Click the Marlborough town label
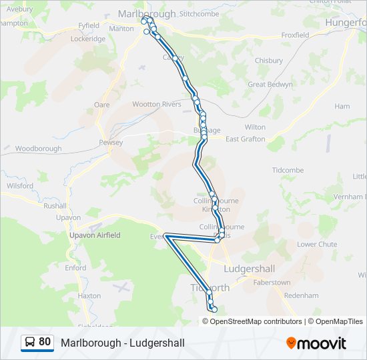click(146, 13)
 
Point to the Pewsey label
click(111, 143)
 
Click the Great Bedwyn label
click(270, 85)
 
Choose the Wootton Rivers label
click(157, 104)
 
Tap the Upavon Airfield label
click(95, 235)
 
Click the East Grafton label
click(245, 139)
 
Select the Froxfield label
click(295, 35)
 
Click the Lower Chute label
click(317, 244)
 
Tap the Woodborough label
click(38, 149)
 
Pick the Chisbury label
click(268, 61)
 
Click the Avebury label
click(16, 10)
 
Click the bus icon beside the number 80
click(30, 343)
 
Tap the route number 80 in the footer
click(45, 342)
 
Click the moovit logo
click(316, 343)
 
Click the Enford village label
click(75, 268)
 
